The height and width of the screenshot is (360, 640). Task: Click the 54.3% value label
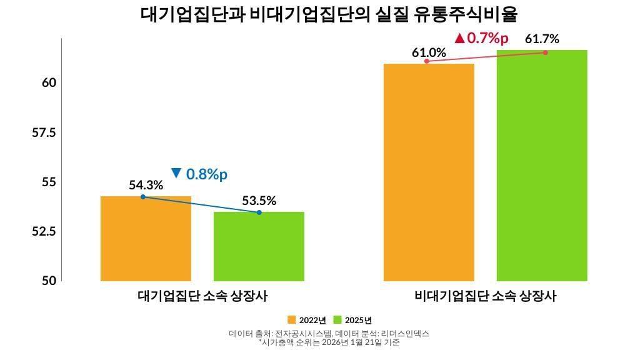tap(146, 185)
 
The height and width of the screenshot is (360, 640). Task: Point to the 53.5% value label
tap(259, 201)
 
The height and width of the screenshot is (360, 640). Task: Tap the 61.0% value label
tap(429, 52)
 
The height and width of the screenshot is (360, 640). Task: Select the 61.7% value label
tap(542, 39)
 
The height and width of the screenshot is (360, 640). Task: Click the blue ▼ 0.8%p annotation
tap(199, 174)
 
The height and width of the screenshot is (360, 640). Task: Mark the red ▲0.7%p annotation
tap(481, 38)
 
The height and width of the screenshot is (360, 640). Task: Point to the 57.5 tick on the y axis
tap(44, 132)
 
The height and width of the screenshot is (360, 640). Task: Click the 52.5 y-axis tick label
tap(44, 231)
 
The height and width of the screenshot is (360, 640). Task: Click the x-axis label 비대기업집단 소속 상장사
tap(485, 296)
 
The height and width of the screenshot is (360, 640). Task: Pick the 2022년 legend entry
tap(307, 320)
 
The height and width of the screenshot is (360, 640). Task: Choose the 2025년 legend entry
tap(353, 320)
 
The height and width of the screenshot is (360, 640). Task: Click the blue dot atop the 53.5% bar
tap(259, 212)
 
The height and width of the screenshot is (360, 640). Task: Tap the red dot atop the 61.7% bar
tap(545, 52)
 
